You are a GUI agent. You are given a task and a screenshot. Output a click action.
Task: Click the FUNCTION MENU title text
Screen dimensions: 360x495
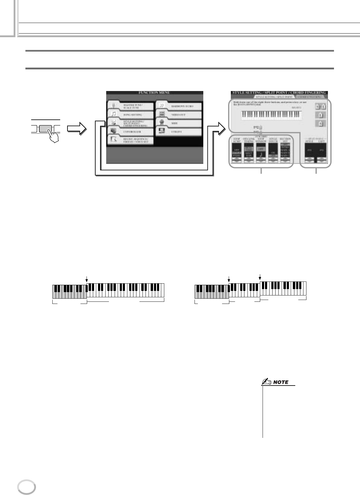(154, 93)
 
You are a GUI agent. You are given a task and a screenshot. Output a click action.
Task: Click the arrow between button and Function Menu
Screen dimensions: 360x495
(77, 129)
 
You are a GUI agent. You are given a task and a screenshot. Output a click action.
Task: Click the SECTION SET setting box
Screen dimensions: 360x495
(286, 151)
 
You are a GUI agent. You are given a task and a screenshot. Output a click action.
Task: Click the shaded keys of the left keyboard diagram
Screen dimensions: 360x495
(69, 292)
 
